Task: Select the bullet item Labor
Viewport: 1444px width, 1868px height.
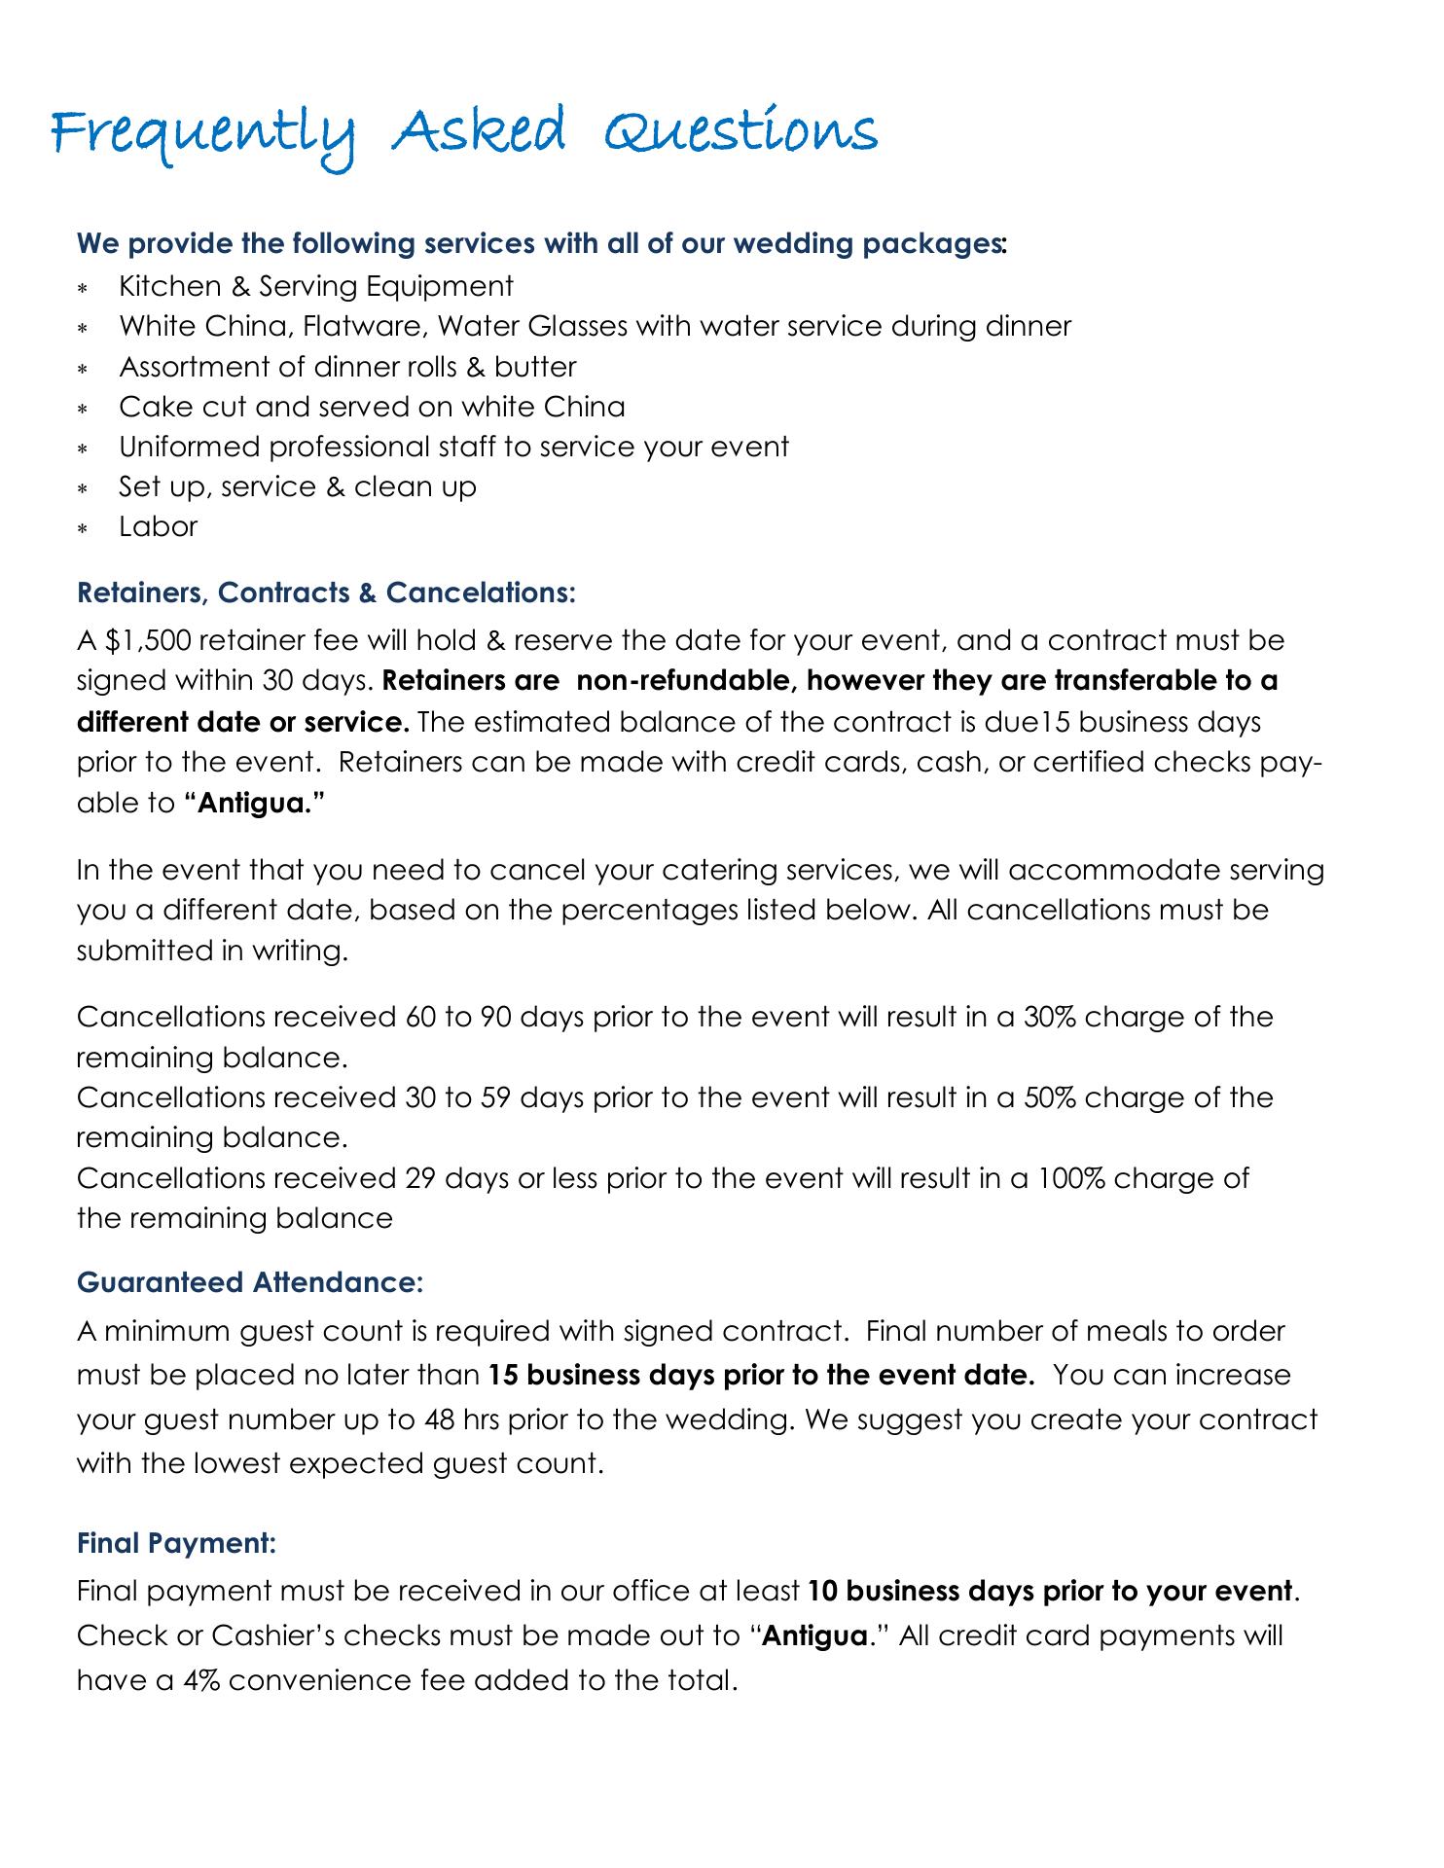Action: (x=158, y=527)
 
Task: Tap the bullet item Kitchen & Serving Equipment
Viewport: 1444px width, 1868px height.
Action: (x=316, y=286)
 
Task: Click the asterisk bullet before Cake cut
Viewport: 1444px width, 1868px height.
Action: (x=84, y=409)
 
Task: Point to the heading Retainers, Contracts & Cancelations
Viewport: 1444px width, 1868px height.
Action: (x=326, y=593)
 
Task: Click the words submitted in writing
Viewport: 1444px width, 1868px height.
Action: (x=211, y=951)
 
